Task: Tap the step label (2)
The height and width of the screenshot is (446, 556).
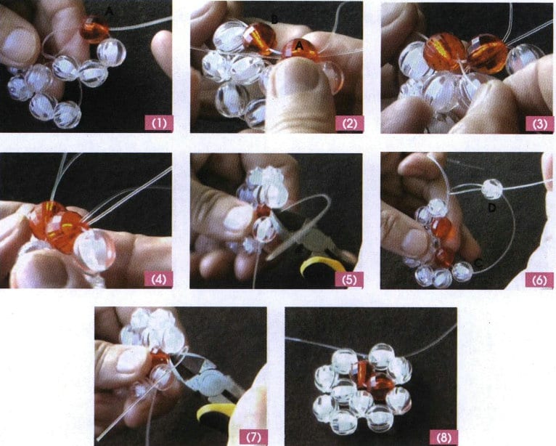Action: [350, 123]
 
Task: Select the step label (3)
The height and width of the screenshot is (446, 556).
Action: [539, 123]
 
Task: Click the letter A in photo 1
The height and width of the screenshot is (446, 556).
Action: [110, 11]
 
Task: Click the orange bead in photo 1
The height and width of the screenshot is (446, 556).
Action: [95, 30]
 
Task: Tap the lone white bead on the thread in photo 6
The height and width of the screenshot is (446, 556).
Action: [492, 190]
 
